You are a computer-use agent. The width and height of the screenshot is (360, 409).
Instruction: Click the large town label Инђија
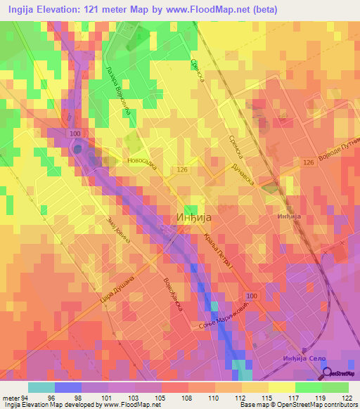(x=192, y=218)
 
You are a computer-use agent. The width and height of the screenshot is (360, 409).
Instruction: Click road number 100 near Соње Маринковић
(x=252, y=297)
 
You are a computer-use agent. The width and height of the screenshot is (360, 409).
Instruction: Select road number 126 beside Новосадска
(x=182, y=169)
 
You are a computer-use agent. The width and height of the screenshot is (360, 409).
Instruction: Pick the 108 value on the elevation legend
(x=184, y=397)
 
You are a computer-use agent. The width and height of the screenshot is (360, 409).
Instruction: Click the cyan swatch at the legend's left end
(x=41, y=387)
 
